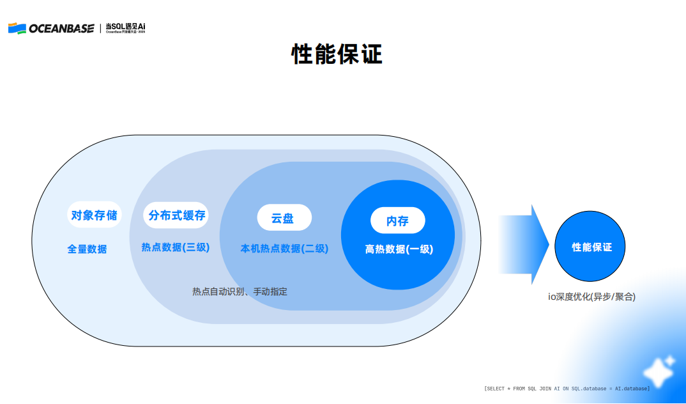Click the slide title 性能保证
click(337, 55)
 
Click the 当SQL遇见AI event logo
click(126, 27)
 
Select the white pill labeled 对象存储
click(94, 215)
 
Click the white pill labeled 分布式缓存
click(177, 215)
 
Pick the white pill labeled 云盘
click(284, 218)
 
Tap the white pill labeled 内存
click(397, 221)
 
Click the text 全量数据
click(88, 249)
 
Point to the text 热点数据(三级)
click(176, 247)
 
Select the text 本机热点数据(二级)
click(284, 249)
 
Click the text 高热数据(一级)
click(399, 250)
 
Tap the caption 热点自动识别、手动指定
click(240, 291)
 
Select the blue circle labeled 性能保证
click(591, 247)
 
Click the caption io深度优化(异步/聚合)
click(591, 297)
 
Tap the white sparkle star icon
click(659, 371)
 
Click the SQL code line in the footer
click(567, 389)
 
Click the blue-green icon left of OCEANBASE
click(17, 28)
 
